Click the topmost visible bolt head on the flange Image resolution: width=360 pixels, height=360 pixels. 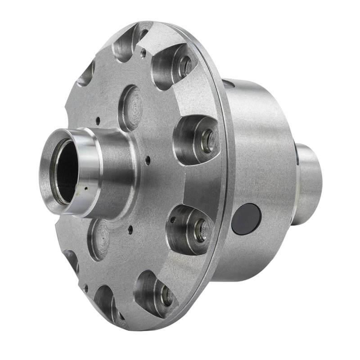[185, 66]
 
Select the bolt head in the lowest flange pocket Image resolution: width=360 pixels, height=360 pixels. [166, 295]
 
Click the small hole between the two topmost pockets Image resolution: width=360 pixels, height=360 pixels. [144, 53]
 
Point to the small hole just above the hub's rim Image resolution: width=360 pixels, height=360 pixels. [98, 121]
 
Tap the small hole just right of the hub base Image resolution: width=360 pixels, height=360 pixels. [148, 158]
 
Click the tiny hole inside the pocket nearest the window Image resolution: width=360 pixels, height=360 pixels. [172, 220]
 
